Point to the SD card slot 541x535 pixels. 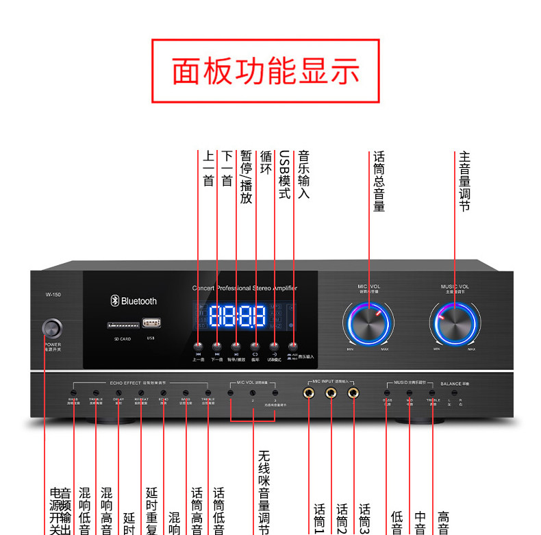coord(121,325)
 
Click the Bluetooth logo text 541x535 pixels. coord(134,301)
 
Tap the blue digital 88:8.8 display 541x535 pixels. coord(237,316)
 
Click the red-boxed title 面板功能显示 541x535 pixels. coord(266,71)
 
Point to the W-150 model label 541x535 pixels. coord(53,295)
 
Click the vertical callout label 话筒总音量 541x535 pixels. coord(379,181)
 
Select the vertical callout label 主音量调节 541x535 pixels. coord(464,181)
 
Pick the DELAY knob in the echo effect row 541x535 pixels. coord(118,393)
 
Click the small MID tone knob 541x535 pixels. coord(410,393)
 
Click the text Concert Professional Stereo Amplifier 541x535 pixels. coord(244,288)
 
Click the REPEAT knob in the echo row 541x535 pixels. coord(141,393)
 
